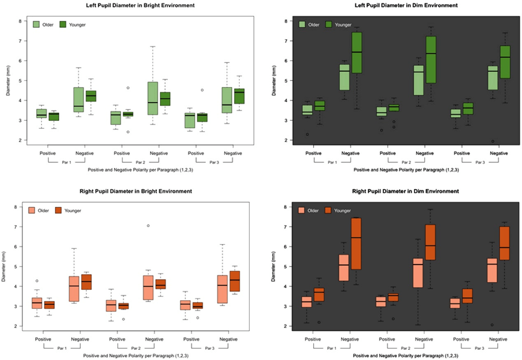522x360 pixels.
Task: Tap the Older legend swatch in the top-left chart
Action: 36,25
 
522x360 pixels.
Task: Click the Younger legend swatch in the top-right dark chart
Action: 329,25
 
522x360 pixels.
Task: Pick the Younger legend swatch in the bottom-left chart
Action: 59,210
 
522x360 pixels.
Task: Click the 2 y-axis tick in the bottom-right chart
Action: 284,326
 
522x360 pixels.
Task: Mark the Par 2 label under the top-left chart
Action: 140,162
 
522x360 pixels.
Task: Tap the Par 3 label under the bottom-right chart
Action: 480,349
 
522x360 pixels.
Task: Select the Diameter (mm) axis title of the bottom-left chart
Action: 7,266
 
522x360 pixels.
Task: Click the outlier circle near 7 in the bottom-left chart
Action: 148,226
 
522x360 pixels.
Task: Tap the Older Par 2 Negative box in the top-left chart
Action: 152,98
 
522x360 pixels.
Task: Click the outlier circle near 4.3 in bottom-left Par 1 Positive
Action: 36,281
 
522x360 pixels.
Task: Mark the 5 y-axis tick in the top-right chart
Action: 284,80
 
